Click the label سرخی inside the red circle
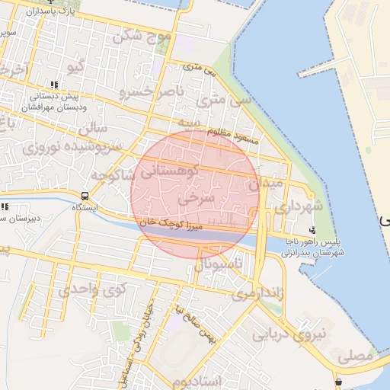[197, 198]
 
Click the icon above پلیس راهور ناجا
[312, 230]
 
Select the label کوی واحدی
[91, 289]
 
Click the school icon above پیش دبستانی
[53, 85]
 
